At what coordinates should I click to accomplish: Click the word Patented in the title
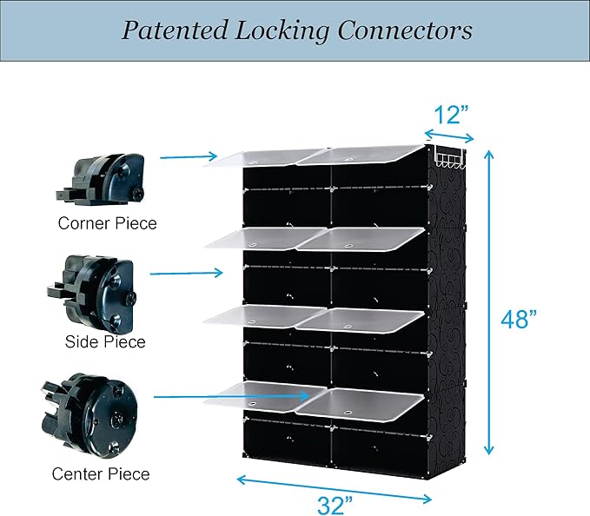[x=175, y=30]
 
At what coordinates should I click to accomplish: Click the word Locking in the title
[x=282, y=31]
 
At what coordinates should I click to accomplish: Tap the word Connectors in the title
[x=405, y=30]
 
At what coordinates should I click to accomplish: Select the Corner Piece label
[x=107, y=223]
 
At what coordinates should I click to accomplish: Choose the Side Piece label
[x=105, y=342]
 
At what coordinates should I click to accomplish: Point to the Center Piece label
[x=101, y=474]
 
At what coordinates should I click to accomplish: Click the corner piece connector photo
[x=100, y=179]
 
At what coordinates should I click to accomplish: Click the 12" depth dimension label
[x=451, y=115]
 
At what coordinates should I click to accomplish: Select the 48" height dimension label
[x=519, y=320]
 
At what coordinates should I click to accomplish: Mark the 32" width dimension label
[x=335, y=505]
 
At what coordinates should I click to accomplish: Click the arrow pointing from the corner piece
[x=189, y=157]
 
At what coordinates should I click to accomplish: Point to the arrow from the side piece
[x=186, y=273]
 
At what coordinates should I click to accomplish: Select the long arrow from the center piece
[x=232, y=396]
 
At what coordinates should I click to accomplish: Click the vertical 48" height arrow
[x=488, y=302]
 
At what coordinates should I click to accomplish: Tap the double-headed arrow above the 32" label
[x=335, y=489]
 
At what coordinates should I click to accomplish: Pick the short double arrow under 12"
[x=449, y=136]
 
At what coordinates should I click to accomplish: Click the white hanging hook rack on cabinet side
[x=449, y=157]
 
